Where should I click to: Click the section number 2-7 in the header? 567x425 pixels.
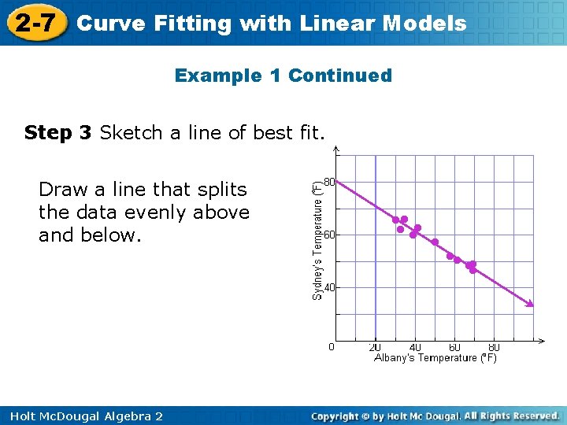point(35,23)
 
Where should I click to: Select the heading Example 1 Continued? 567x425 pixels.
point(283,76)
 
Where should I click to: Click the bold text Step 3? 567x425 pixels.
point(58,132)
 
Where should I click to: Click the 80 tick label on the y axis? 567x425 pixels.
point(328,182)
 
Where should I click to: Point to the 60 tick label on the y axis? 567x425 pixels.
point(328,235)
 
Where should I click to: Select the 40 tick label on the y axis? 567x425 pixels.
point(328,287)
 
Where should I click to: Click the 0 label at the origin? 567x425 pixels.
point(331,346)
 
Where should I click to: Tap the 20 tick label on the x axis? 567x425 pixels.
point(376,347)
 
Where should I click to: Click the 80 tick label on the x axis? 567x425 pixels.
point(494,347)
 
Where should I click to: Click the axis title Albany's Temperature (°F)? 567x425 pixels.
point(435,358)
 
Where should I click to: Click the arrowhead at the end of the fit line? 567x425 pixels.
point(530,303)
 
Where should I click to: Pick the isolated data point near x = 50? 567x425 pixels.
point(435,242)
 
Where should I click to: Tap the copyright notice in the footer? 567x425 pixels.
point(435,416)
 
